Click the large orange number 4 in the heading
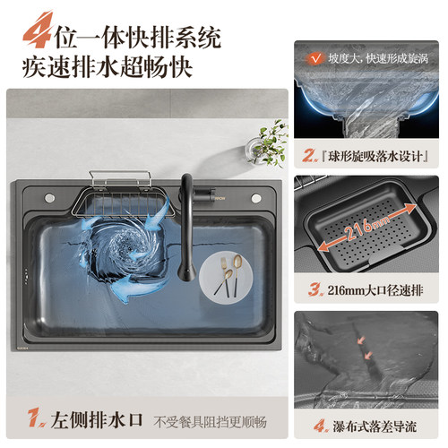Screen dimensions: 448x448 [x=39, y=30]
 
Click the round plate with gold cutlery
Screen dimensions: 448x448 [x=226, y=277]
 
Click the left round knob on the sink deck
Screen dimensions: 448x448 [x=49, y=197]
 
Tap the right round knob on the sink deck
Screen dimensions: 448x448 [x=256, y=198]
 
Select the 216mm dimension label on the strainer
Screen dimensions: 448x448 [x=366, y=228]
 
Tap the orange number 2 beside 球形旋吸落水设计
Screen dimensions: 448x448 [x=310, y=155]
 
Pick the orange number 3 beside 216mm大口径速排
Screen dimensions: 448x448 [x=315, y=289]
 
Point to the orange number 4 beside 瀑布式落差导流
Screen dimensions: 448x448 [x=321, y=426]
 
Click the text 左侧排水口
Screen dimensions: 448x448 [x=97, y=419]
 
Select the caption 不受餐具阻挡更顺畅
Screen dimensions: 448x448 [x=210, y=422]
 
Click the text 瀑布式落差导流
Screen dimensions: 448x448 [x=375, y=426]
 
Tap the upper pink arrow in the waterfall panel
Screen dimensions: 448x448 [x=361, y=340]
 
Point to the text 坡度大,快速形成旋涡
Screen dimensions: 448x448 [x=378, y=58]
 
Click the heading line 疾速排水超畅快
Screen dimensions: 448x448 [x=107, y=67]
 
